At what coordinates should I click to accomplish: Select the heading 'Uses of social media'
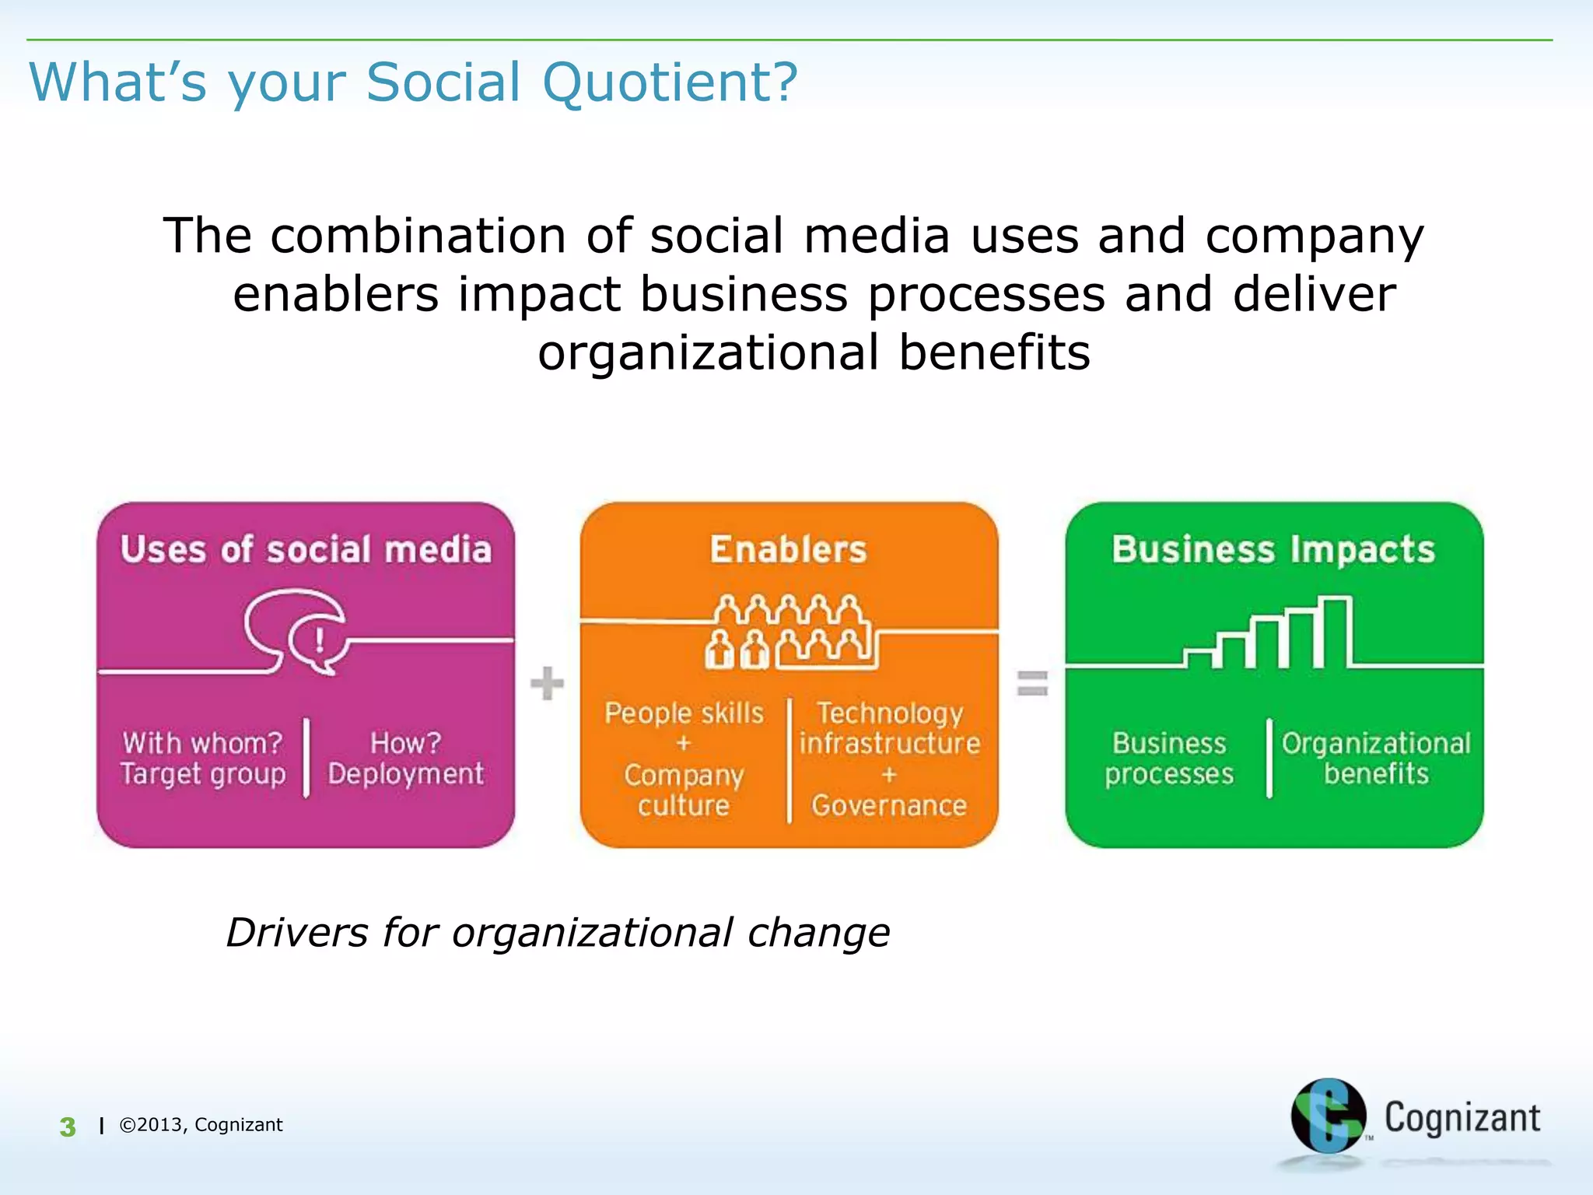[306, 549]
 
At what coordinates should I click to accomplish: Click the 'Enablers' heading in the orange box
[788, 549]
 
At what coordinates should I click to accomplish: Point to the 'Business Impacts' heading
[1273, 549]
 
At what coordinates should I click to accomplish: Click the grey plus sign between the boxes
[547, 683]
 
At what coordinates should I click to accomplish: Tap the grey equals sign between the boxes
[1032, 683]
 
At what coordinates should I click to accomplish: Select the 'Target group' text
[203, 774]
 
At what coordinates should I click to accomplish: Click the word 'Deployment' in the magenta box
[405, 774]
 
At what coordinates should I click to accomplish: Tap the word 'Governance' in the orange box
[889, 805]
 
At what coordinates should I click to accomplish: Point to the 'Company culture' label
[684, 790]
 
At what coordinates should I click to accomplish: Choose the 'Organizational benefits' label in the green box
[1376, 759]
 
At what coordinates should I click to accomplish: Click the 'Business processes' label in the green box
[1169, 759]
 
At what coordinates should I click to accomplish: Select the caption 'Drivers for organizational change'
[558, 932]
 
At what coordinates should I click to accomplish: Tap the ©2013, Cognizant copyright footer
[201, 1125]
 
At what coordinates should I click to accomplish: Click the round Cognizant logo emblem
[1328, 1116]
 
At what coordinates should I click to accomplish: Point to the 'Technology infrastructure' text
[889, 728]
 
